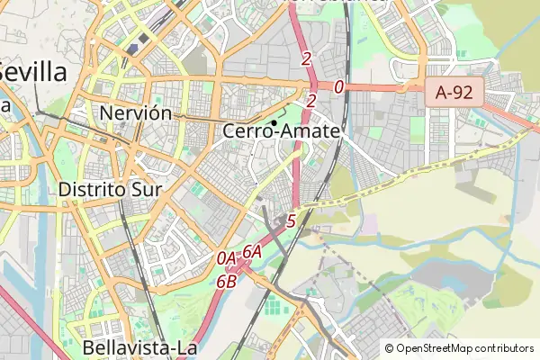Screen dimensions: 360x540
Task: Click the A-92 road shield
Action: [x=454, y=91]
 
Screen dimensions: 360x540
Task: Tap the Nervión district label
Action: [x=136, y=113]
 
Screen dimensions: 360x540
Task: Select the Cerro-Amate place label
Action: [x=282, y=131]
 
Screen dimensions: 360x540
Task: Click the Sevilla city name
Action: [x=33, y=72]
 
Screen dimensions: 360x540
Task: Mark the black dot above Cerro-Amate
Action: [x=274, y=122]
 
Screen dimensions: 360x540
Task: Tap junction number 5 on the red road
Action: [x=291, y=220]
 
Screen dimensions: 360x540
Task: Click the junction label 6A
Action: [x=252, y=252]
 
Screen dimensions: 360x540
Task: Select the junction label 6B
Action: [x=226, y=280]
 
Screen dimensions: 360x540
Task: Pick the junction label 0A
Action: [x=227, y=258]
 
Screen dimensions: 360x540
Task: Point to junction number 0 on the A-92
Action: [x=338, y=87]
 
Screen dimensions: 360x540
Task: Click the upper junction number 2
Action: [x=307, y=59]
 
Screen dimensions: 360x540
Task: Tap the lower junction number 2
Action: [x=311, y=101]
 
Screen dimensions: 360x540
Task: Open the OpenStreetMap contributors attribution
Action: [x=459, y=348]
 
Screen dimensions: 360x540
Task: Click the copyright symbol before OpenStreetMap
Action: [x=389, y=348]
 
